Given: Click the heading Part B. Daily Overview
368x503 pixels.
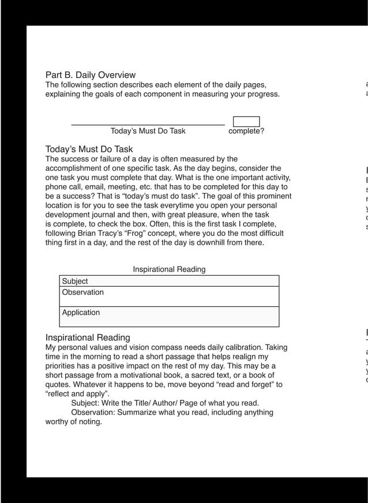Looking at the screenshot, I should [91, 75].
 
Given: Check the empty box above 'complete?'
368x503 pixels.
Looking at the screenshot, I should [246, 121].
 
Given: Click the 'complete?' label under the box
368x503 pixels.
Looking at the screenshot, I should [246, 131].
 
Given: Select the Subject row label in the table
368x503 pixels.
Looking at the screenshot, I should [75, 281].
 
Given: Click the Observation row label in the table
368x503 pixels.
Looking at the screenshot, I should [83, 292].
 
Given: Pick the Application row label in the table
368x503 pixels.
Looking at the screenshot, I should [81, 313].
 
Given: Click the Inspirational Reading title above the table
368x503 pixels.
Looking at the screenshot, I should [169, 269].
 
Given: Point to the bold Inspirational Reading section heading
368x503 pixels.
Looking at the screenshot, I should [88, 337].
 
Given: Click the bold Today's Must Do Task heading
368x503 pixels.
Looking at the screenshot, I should [89, 149].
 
